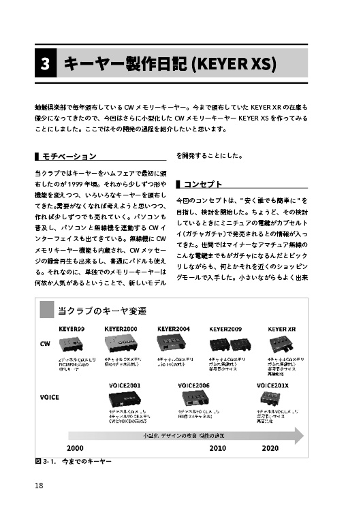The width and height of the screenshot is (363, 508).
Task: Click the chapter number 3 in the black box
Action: (x=44, y=65)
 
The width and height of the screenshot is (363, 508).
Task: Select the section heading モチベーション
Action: (x=69, y=157)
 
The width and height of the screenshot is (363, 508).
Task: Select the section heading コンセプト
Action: (x=202, y=184)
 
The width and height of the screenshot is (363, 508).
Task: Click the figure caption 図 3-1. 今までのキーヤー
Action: (x=73, y=462)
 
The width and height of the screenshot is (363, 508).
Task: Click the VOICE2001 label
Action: (x=125, y=385)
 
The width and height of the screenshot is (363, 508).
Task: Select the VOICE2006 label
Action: (x=194, y=385)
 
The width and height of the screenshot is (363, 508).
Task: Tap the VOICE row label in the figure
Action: (x=50, y=396)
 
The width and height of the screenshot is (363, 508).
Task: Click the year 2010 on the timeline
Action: (x=217, y=449)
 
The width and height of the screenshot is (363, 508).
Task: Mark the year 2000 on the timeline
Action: (x=75, y=449)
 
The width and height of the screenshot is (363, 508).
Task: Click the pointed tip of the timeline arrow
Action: (x=303, y=435)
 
